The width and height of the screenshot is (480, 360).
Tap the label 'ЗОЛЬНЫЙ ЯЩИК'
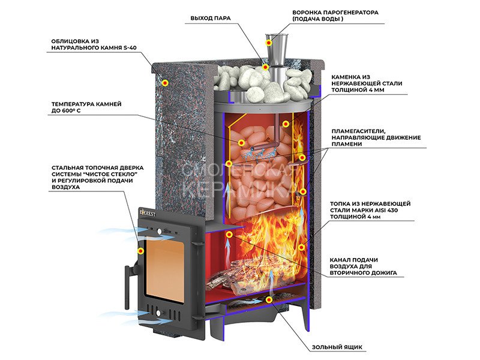point(337,347)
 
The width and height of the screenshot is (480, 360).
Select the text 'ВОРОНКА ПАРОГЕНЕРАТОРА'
point(335,12)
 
